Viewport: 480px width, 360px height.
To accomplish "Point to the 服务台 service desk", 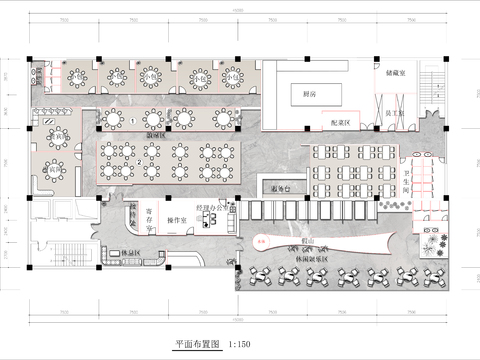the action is point(280,187).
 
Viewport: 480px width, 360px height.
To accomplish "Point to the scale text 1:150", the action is point(241,343).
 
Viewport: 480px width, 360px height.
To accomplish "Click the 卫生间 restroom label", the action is point(407,185).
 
